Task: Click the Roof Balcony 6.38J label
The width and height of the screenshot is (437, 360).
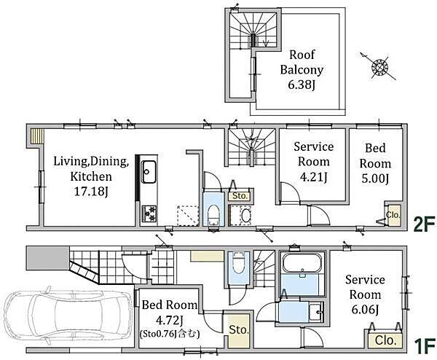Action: pos(302,70)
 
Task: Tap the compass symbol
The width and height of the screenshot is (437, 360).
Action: pos(378,66)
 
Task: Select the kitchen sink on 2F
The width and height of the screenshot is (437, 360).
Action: pos(149,172)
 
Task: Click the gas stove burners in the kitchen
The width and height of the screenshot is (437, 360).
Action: pos(149,214)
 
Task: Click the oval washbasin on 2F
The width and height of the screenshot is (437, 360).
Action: pos(245,216)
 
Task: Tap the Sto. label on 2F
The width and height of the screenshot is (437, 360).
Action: pos(240,196)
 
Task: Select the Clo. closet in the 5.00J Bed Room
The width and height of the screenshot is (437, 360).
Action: pos(393,215)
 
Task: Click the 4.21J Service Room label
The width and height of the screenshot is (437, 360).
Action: pos(313,162)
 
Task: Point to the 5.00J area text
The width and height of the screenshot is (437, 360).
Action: pos(375,179)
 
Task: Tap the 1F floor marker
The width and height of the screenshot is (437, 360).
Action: pos(425,345)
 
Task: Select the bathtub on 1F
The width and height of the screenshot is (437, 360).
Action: pos(302,263)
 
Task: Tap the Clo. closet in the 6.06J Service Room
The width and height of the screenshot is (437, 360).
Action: pos(385,340)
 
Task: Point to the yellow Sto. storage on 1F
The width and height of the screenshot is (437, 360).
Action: pos(238,331)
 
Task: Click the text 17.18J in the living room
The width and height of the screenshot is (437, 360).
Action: pos(91,192)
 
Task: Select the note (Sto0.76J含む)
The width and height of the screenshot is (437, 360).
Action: pos(170,334)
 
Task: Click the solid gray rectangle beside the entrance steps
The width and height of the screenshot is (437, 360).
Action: pos(47,258)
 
